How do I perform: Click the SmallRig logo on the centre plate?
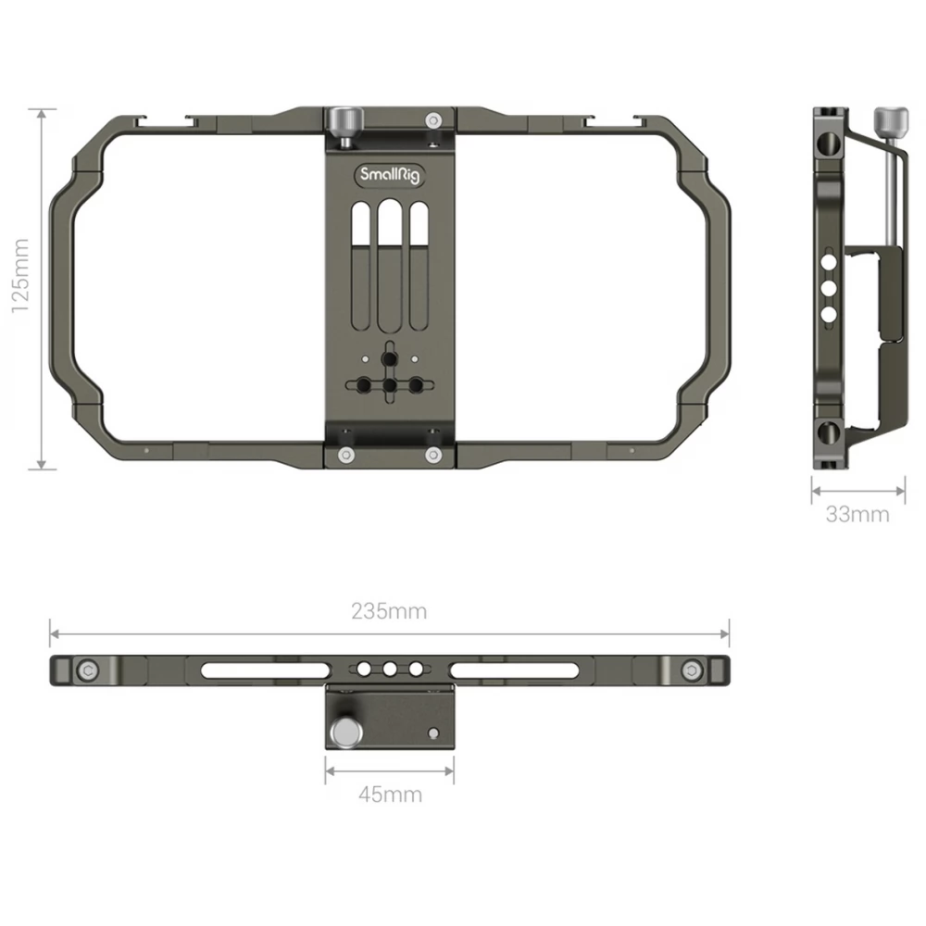click(x=390, y=175)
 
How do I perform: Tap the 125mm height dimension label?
click(x=20, y=276)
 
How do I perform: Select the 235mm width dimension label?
click(x=389, y=610)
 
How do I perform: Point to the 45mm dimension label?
click(x=391, y=795)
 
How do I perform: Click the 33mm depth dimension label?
click(x=857, y=514)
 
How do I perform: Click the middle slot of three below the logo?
click(x=390, y=266)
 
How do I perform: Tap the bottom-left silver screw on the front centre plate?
click(x=346, y=455)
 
